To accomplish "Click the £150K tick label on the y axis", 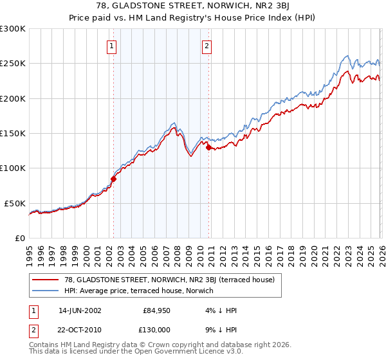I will click(12, 134).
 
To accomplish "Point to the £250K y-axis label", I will click(12, 64).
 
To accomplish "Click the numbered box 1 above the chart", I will click(112, 46).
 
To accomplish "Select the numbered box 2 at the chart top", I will click(207, 46).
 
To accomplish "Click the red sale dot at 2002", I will click(113, 179).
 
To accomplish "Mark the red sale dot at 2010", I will click(208, 147).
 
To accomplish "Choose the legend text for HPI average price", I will click(138, 291).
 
